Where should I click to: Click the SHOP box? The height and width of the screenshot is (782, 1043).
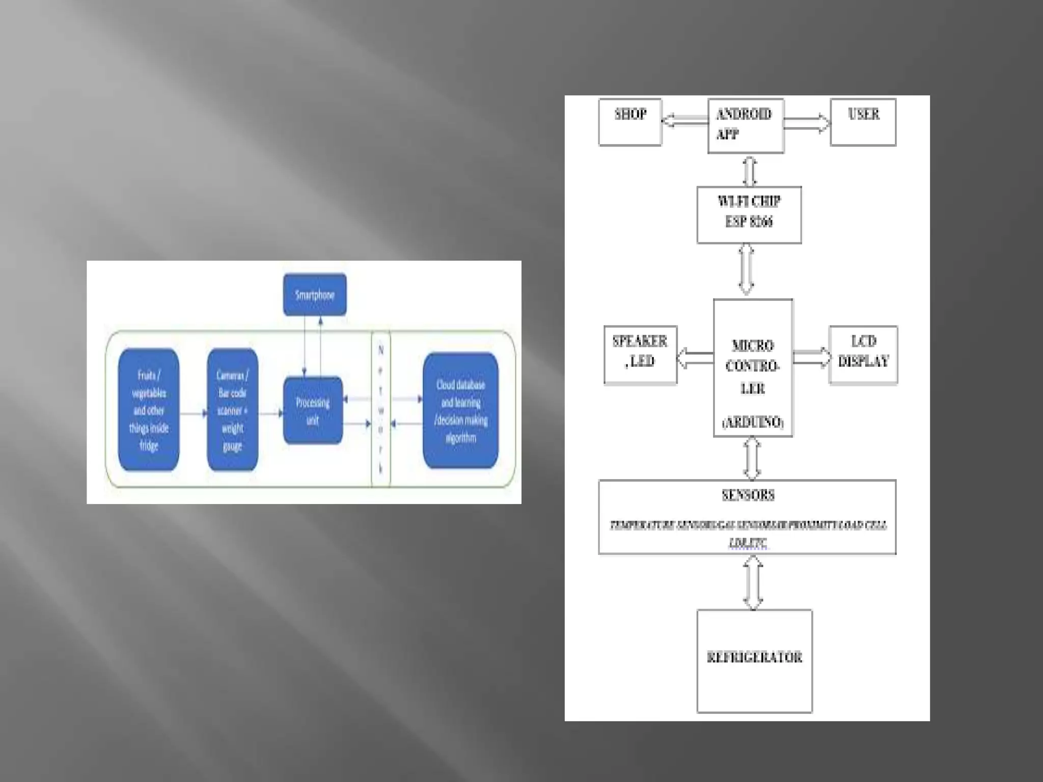click(x=630, y=122)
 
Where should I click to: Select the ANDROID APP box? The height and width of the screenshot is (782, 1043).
click(x=746, y=125)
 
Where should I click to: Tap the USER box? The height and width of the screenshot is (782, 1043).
click(x=863, y=122)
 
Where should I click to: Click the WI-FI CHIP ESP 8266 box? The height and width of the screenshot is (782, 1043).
click(x=749, y=214)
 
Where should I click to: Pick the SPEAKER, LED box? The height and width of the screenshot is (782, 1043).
click(x=640, y=354)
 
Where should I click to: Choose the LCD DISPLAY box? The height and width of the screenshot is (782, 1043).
click(x=863, y=354)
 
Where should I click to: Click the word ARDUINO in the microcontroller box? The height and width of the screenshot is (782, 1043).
click(x=753, y=422)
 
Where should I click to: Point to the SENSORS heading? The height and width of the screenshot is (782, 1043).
click(x=748, y=495)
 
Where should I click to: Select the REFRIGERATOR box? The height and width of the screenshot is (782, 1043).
click(x=754, y=661)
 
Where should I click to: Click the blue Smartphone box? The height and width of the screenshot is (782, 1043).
click(x=315, y=295)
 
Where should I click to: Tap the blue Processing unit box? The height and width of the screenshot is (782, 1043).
click(x=313, y=410)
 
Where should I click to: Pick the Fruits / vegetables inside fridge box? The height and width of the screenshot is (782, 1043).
click(x=149, y=410)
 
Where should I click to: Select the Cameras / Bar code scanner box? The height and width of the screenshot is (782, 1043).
click(x=232, y=410)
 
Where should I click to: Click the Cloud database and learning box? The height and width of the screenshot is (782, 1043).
click(x=460, y=410)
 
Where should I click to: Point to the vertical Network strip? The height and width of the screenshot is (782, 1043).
click(x=381, y=409)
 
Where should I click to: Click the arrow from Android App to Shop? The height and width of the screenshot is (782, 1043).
click(x=684, y=121)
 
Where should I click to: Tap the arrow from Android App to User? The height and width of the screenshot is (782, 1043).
click(x=807, y=123)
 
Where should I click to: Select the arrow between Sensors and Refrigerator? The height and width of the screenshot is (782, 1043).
click(x=753, y=582)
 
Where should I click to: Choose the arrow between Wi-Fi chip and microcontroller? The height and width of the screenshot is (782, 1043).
click(x=746, y=270)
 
